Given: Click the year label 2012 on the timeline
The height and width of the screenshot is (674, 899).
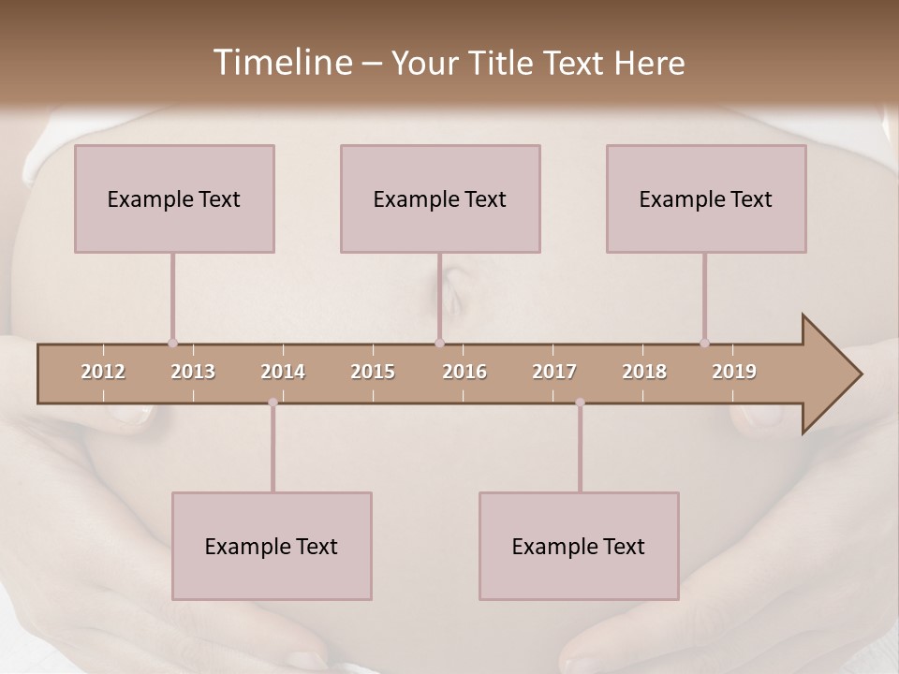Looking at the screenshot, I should pos(103,372).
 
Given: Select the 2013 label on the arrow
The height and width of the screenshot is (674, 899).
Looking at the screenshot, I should pos(193,372).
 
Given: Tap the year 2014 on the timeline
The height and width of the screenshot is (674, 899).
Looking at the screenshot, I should pos(283,372).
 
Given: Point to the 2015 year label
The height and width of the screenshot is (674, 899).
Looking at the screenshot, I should pos(373,372).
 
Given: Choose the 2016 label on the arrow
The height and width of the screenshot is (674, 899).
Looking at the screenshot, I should pos(464,372).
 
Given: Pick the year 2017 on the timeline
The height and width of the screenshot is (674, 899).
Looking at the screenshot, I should pos(554,372).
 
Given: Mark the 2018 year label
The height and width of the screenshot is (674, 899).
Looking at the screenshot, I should pos(644,372).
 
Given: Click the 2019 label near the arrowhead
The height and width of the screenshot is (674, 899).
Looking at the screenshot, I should pos(734,372).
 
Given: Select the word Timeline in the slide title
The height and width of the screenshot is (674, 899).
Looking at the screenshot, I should pos(281,63).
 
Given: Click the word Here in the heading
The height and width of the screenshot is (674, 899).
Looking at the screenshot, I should pos(649,64).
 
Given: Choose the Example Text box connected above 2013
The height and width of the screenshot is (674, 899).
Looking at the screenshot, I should pos(174,198).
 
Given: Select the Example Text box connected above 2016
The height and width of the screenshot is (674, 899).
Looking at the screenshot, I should pos(440,198).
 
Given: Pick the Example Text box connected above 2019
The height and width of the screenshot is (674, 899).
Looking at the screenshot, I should pos(706,198).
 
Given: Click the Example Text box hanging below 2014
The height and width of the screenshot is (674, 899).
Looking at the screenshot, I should pos(272,546).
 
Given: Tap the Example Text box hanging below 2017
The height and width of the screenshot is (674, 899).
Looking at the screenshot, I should pos(579,546).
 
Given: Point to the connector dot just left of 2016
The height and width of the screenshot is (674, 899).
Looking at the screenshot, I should pos(439,343).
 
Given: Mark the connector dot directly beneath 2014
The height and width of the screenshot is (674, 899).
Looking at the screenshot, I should pos(273,403).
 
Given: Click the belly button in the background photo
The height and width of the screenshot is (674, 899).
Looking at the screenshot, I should pos(453,286).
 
